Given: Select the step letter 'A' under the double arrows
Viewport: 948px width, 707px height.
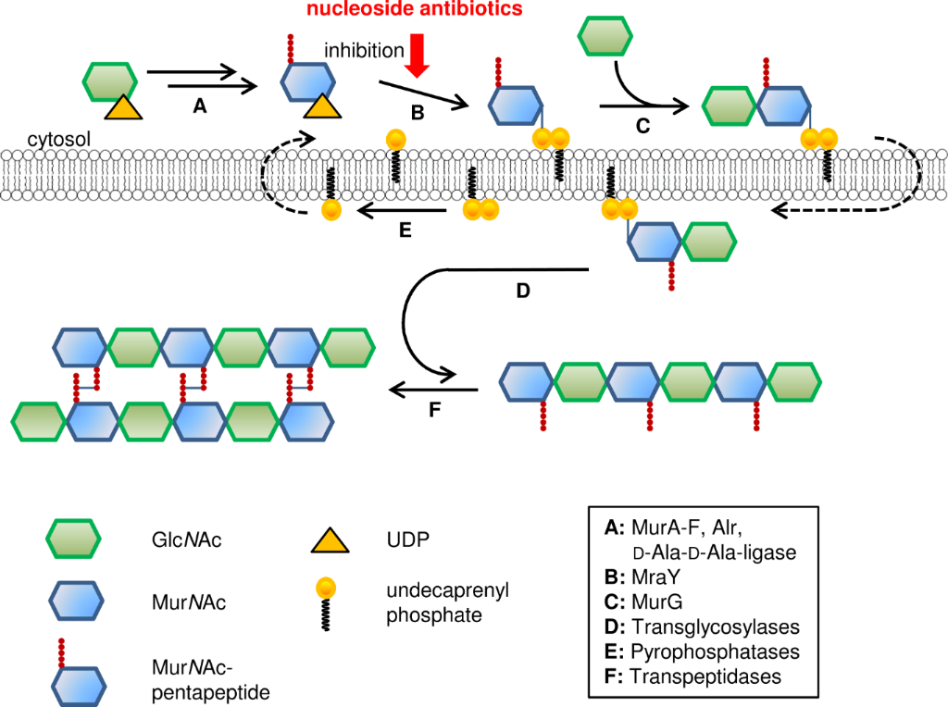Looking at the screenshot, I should coord(197,107).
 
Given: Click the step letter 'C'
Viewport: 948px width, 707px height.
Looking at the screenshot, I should coord(642,128).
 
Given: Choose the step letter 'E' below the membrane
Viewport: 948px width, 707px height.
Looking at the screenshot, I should coord(404,231).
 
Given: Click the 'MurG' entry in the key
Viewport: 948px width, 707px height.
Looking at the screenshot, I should coord(655,602).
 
